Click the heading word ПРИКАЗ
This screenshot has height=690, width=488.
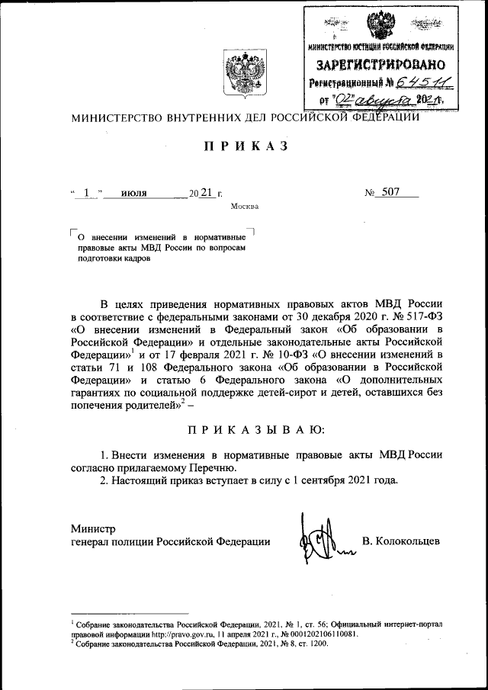click(244, 147)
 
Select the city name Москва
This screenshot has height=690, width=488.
click(244, 207)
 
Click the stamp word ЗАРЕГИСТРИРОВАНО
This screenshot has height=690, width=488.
click(380, 64)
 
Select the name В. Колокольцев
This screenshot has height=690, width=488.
click(401, 541)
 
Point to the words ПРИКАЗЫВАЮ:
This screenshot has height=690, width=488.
click(244, 431)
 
